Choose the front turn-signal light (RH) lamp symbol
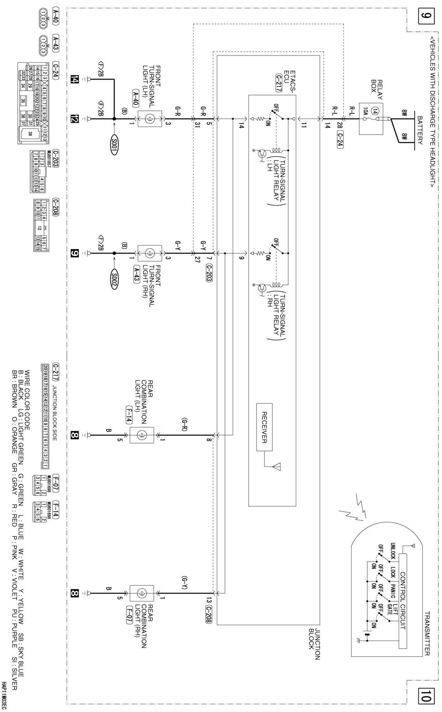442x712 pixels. pyautogui.click(x=149, y=253)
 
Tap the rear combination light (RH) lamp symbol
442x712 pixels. pyautogui.click(x=142, y=593)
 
